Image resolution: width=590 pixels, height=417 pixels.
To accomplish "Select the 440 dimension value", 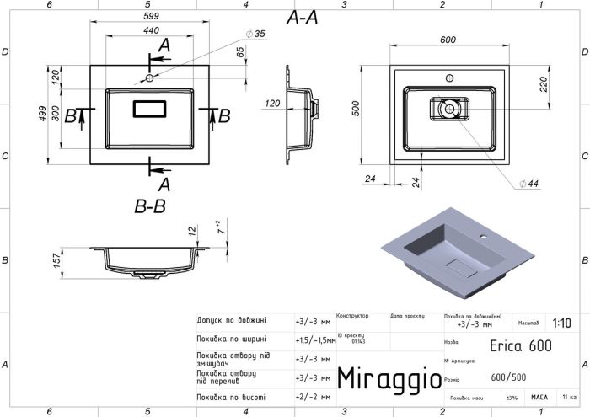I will pyautogui.click(x=149, y=32).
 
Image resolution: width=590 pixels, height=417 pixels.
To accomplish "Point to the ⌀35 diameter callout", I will pyautogui.click(x=255, y=34).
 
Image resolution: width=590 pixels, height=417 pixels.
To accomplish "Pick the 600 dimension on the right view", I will pyautogui.click(x=448, y=40).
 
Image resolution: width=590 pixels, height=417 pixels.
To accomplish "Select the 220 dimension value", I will pyautogui.click(x=544, y=84).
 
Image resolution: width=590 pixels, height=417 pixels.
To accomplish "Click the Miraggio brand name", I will pyautogui.click(x=389, y=378).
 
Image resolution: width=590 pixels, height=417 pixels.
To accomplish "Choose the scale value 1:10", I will pyautogui.click(x=560, y=323).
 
